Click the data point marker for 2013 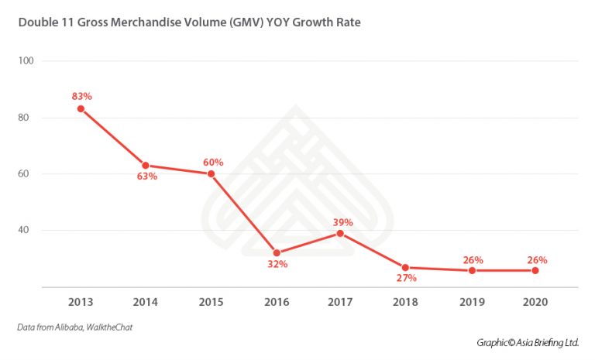click(x=81, y=108)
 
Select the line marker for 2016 click(x=276, y=252)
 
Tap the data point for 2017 click(x=340, y=233)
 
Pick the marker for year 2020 click(x=535, y=270)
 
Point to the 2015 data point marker click(x=211, y=173)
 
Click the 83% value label click(x=82, y=96)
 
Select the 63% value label click(x=147, y=177)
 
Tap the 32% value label click(x=277, y=264)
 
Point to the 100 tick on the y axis click(x=27, y=60)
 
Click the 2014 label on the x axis click(x=146, y=300)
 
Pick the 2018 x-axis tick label click(x=405, y=300)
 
